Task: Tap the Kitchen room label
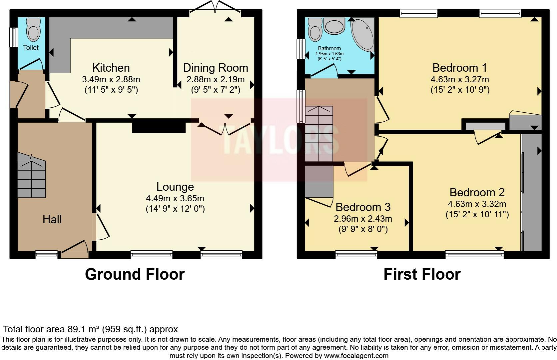111,68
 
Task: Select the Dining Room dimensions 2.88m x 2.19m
215,80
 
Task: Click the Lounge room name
175,187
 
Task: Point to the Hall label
52,219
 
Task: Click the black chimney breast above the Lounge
159,127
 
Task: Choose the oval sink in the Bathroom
334,26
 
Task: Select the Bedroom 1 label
459,68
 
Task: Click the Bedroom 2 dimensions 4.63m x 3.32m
477,204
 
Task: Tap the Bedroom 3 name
363,207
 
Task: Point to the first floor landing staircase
319,133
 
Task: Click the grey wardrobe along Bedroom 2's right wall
532,193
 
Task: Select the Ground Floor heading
135,274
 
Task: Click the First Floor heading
422,274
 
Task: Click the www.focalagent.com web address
356,356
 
